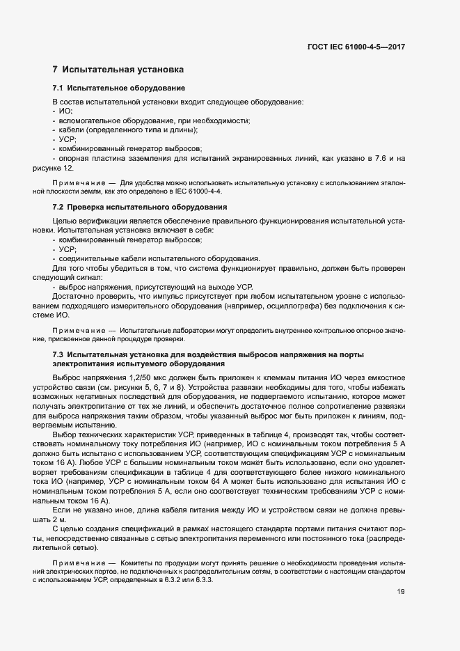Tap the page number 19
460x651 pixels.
click(x=401, y=593)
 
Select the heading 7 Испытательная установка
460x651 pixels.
click(x=118, y=70)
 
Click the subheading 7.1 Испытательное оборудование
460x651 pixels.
click(x=118, y=88)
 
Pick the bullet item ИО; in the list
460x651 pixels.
click(x=65, y=111)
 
